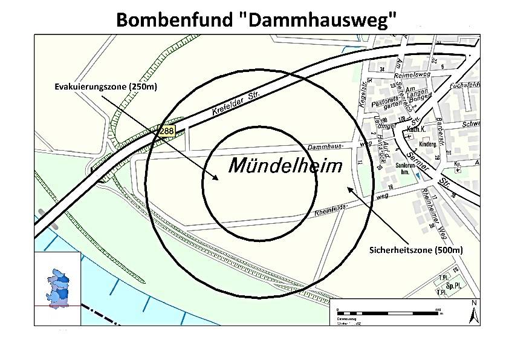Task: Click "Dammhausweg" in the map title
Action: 316,19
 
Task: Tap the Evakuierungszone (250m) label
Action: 106,87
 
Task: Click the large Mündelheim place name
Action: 285,166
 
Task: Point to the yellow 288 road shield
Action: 167,130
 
